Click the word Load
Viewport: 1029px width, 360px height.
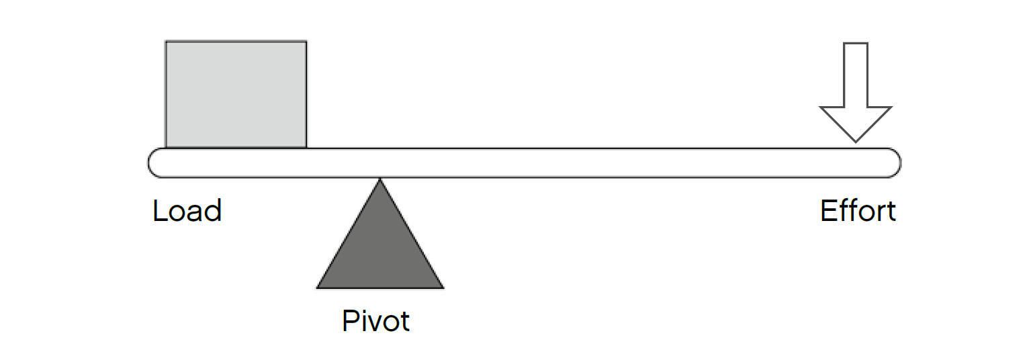coord(187,211)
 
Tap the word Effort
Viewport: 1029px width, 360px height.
coord(858,211)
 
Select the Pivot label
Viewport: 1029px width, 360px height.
coord(375,321)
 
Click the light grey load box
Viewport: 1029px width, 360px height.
coord(236,94)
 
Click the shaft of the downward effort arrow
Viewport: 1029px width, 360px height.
coord(855,74)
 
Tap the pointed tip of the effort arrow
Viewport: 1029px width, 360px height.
coord(855,140)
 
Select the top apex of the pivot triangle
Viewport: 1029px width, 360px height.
coord(380,180)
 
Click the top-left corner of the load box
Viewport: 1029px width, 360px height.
coord(167,42)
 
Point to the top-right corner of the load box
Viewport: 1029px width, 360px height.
coord(306,42)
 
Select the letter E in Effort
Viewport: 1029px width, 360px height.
coord(828,211)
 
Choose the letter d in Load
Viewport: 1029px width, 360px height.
coord(213,211)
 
